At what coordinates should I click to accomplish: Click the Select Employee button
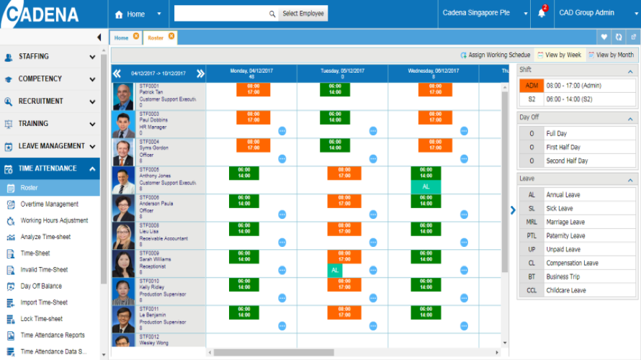point(303,14)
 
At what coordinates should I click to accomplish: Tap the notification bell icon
point(542,14)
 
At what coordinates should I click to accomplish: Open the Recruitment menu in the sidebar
point(50,102)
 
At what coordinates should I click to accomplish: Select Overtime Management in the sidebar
point(49,204)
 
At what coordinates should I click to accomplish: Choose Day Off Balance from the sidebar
point(41,286)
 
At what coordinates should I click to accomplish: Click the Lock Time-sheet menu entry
point(41,319)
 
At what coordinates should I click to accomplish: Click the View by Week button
point(560,55)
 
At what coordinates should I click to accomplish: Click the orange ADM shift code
point(532,86)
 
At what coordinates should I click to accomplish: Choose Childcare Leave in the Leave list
point(565,291)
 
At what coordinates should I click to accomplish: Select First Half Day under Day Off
point(567,148)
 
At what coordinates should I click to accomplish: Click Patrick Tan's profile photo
point(124,96)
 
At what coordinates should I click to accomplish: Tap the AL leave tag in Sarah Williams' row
point(334,270)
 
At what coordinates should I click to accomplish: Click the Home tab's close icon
point(136,37)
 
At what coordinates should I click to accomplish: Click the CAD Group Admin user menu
point(591,14)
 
